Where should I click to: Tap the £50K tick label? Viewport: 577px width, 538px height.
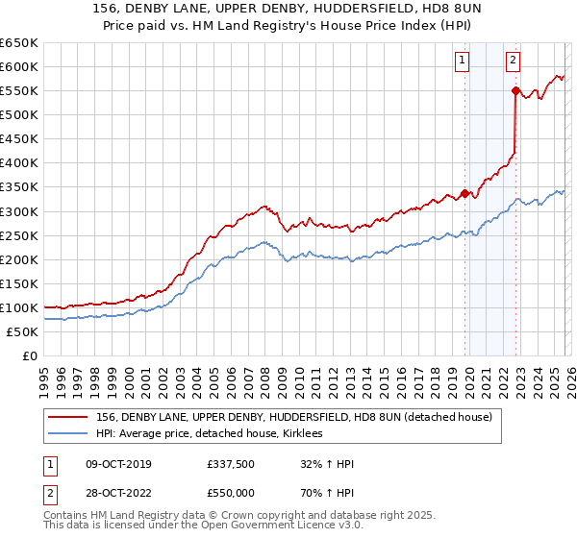pyautogui.click(x=23, y=331)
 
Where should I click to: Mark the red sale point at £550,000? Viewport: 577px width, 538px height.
pyautogui.click(x=515, y=90)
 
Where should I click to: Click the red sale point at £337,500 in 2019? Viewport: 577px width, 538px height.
pyautogui.click(x=464, y=193)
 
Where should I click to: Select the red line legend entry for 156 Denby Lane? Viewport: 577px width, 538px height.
pyautogui.click(x=293, y=417)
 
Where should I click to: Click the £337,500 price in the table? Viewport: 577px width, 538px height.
pyautogui.click(x=231, y=464)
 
